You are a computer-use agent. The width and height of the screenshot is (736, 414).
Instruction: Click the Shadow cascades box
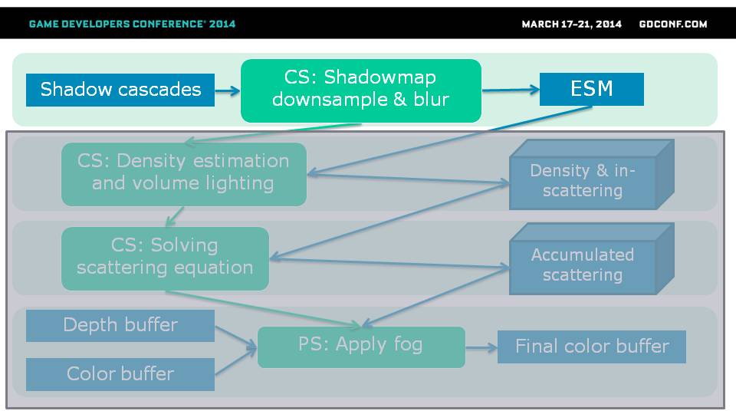coord(120,90)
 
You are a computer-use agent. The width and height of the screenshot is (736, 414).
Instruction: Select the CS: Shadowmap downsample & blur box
coord(361,90)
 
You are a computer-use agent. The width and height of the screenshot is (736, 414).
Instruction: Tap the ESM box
coord(591,89)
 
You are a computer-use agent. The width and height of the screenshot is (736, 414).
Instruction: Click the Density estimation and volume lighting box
coord(184,174)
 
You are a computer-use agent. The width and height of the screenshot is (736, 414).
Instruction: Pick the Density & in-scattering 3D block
coord(591,174)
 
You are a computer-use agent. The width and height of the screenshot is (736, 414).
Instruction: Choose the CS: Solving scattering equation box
coord(166,258)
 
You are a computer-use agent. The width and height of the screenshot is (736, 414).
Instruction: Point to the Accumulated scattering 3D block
coord(591,258)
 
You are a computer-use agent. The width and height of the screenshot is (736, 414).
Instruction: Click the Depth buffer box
coord(120,325)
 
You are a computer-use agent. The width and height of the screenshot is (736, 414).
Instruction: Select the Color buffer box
coord(120,374)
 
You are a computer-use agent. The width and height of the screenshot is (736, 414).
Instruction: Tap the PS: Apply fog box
coord(361,347)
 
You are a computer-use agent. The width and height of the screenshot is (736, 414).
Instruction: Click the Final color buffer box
coord(591,347)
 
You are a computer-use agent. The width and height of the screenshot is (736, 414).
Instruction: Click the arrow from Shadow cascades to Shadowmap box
coord(228,90)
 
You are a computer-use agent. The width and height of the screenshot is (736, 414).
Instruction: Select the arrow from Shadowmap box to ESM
coord(511,90)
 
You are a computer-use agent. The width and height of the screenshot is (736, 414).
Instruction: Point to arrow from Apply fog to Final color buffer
coord(481,348)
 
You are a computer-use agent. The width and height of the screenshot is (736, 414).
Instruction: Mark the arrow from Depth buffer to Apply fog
coord(235,337)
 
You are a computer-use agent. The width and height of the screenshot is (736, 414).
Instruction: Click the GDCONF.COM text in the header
coord(673,25)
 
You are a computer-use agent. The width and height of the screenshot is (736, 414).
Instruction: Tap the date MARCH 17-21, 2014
coord(571,25)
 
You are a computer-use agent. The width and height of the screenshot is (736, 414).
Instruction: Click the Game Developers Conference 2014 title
coord(132,24)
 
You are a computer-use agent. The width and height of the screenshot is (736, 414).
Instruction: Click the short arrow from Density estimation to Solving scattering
coord(175,216)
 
